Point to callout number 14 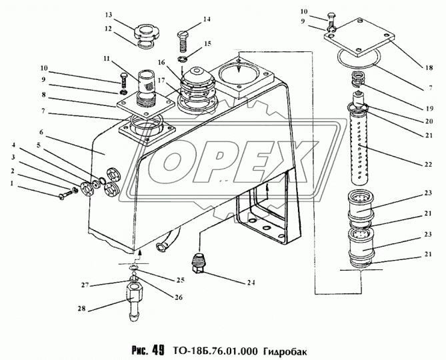(x=206, y=19)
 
